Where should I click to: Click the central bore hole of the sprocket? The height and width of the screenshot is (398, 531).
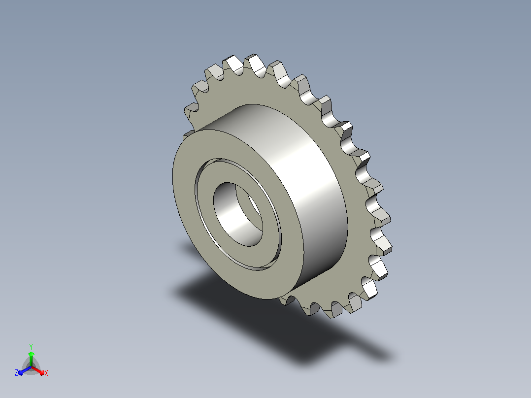coord(238,214)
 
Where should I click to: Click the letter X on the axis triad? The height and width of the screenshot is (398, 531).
coord(46,373)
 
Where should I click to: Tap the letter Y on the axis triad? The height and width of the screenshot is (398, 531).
coord(31,346)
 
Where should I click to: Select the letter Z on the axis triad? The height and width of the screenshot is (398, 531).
coord(16,372)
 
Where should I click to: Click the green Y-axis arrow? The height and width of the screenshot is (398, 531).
coord(31,359)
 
